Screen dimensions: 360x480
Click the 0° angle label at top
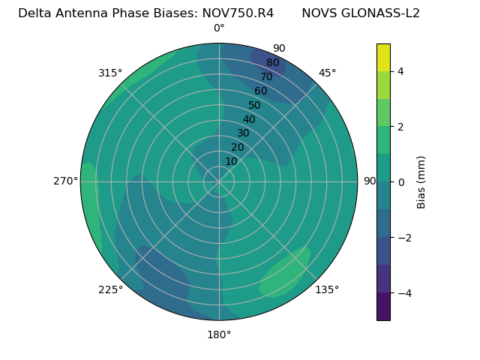[x=219, y=28]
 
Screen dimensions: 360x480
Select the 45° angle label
[x=327, y=73]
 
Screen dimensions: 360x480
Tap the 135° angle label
[x=327, y=289]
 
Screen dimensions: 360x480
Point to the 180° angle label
[x=219, y=334]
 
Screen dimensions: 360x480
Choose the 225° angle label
[x=110, y=289]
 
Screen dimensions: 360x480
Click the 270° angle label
[x=66, y=181]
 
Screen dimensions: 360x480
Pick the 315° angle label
[x=110, y=73]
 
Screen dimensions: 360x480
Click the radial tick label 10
[x=231, y=161]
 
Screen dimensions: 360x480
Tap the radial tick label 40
[x=249, y=119]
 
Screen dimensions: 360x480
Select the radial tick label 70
[x=266, y=77]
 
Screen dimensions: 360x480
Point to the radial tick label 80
[x=272, y=63]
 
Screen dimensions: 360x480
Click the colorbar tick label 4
[x=400, y=71]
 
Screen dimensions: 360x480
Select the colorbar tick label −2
[x=403, y=238]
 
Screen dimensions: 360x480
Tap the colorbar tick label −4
[x=403, y=293]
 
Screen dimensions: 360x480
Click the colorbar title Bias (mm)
[x=421, y=181]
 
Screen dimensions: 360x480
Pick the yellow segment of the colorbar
[x=383, y=57]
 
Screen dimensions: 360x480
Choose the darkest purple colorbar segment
[x=383, y=306]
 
